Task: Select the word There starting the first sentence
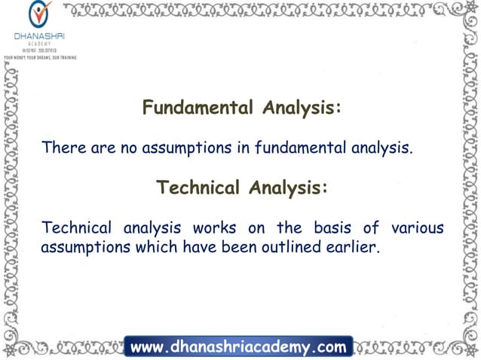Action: point(64,148)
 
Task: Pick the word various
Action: point(417,227)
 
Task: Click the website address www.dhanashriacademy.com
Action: point(238,347)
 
